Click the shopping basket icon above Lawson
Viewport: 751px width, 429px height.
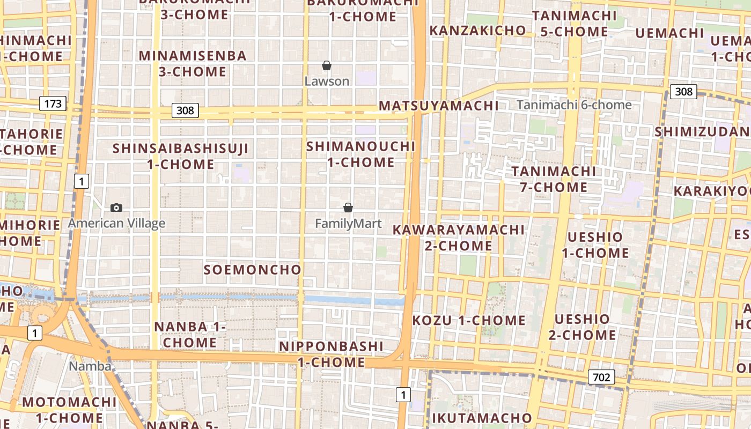coord(326,65)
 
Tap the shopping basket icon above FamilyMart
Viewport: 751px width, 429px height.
coord(348,208)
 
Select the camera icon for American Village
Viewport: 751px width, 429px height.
coord(116,208)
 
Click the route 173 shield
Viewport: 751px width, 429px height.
coord(53,103)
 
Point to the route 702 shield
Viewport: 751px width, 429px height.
coord(601,377)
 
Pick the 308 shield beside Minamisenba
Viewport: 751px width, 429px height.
coord(185,111)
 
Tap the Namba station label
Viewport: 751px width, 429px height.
coord(90,366)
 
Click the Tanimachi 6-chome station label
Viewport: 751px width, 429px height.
coord(574,105)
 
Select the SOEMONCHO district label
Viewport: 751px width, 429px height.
coord(252,270)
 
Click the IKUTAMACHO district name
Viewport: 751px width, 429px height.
coord(481,418)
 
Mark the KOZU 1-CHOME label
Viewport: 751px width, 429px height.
coord(469,321)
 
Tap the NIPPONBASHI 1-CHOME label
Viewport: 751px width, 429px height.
coord(331,354)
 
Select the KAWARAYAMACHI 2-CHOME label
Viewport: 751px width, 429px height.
coord(458,238)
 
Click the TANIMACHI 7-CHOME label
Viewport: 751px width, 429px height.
coord(553,179)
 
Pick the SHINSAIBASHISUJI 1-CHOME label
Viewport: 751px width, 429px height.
coord(181,156)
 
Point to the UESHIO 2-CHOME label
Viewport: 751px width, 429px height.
coord(582,327)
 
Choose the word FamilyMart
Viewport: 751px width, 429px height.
coord(348,223)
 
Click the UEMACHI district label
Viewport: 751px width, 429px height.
coord(669,33)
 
